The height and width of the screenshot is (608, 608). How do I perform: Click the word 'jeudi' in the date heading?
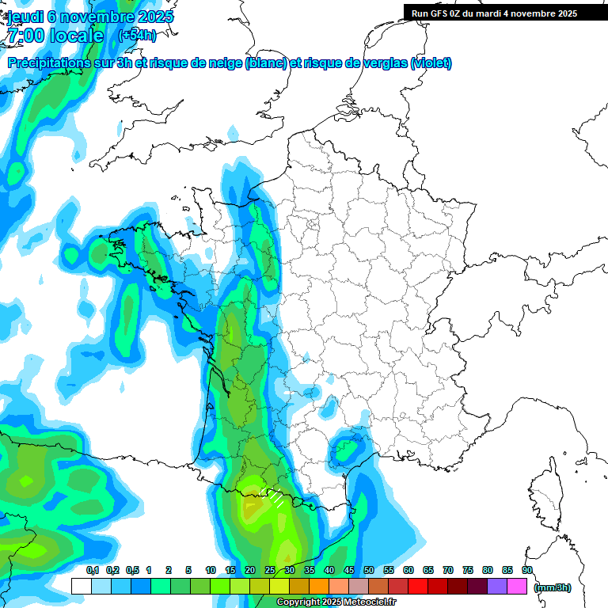click(25, 17)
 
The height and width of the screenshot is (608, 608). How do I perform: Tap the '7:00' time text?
click(24, 36)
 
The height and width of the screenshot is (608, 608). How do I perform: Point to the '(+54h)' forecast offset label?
click(136, 36)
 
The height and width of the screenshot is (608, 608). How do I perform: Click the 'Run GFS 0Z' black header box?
click(505, 13)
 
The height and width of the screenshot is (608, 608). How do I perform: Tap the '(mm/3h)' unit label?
click(553, 587)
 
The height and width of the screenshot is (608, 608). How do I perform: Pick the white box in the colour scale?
click(81, 587)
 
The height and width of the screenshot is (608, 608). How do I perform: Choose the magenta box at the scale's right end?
click(517, 587)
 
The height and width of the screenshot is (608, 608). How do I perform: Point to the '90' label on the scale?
click(527, 570)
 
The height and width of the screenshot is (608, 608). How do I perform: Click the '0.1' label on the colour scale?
click(92, 570)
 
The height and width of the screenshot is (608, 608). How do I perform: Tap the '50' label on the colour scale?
click(369, 570)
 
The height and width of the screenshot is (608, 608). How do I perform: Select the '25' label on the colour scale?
click(270, 570)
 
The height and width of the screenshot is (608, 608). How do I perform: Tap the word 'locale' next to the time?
click(76, 36)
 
